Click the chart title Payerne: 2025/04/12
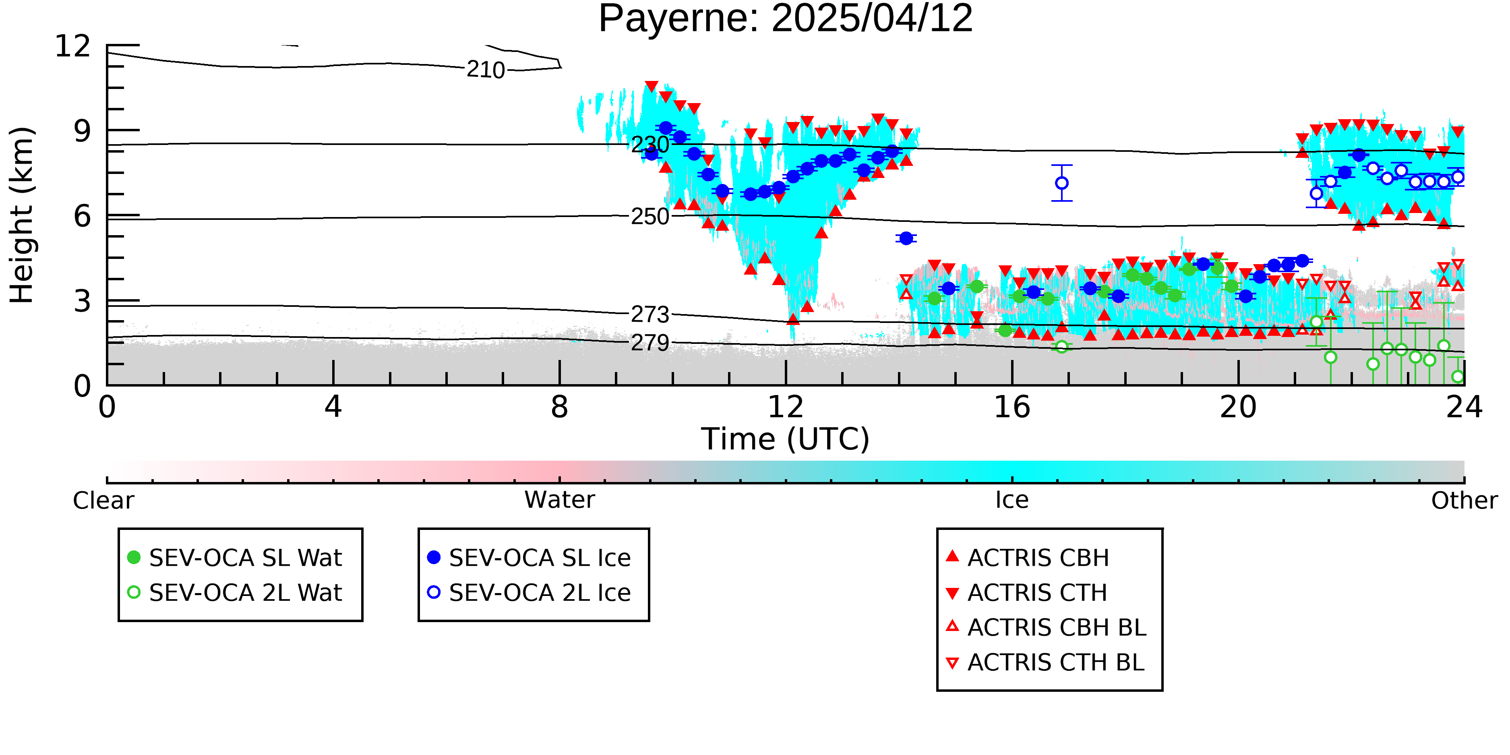pyautogui.click(x=786, y=19)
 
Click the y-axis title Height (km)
pyautogui.click(x=22, y=215)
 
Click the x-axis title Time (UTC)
pyautogui.click(x=786, y=439)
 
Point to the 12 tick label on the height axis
pyautogui.click(x=73, y=46)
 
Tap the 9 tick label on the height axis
pyautogui.click(x=83, y=131)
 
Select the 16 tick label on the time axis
pyautogui.click(x=1012, y=407)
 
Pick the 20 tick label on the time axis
pyautogui.click(x=1238, y=407)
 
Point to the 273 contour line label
pyautogui.click(x=650, y=315)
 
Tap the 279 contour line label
pyautogui.click(x=650, y=343)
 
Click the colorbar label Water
pyautogui.click(x=560, y=500)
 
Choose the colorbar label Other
pyautogui.click(x=1464, y=501)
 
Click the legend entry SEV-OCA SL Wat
pyautogui.click(x=234, y=557)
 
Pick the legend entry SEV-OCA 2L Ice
pyautogui.click(x=530, y=593)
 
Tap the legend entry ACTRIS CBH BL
pyautogui.click(x=1047, y=627)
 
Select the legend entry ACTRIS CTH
pyautogui.click(x=1027, y=593)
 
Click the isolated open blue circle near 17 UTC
pyautogui.click(x=1061, y=183)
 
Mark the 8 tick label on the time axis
pyautogui.click(x=560, y=407)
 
